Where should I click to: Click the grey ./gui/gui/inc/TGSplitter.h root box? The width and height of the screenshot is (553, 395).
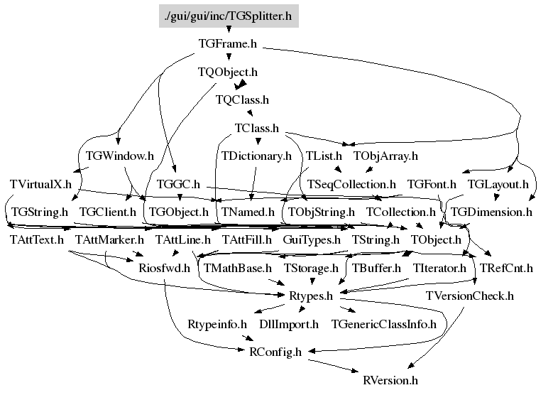click(229, 16)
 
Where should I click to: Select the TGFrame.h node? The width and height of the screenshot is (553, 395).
click(227, 44)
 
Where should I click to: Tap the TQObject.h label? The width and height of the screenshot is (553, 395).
click(227, 72)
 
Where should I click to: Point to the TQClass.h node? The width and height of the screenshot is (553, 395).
click(242, 100)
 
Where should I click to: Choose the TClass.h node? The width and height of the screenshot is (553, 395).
click(257, 128)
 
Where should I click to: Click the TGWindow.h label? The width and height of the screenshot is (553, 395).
click(119, 156)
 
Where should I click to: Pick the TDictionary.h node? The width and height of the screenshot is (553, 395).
click(256, 156)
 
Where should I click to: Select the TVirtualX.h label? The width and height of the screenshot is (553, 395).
click(40, 184)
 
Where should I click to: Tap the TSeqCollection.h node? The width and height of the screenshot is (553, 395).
click(351, 184)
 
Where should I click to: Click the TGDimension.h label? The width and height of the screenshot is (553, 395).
click(491, 212)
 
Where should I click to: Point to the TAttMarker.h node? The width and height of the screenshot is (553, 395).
click(109, 239)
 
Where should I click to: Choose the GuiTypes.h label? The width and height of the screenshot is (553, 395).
click(312, 240)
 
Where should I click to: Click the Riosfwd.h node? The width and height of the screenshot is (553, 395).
click(164, 268)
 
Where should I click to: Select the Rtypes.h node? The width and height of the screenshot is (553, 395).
click(311, 296)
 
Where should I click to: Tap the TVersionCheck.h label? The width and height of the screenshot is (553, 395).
click(469, 296)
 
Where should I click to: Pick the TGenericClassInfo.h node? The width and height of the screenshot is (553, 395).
click(384, 324)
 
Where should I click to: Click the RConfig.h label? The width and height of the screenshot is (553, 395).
click(275, 352)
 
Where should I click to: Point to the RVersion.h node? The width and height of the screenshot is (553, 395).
click(390, 380)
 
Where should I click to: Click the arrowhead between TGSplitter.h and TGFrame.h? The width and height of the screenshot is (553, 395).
click(229, 29)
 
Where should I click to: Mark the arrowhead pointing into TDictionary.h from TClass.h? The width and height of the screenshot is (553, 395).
click(258, 141)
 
